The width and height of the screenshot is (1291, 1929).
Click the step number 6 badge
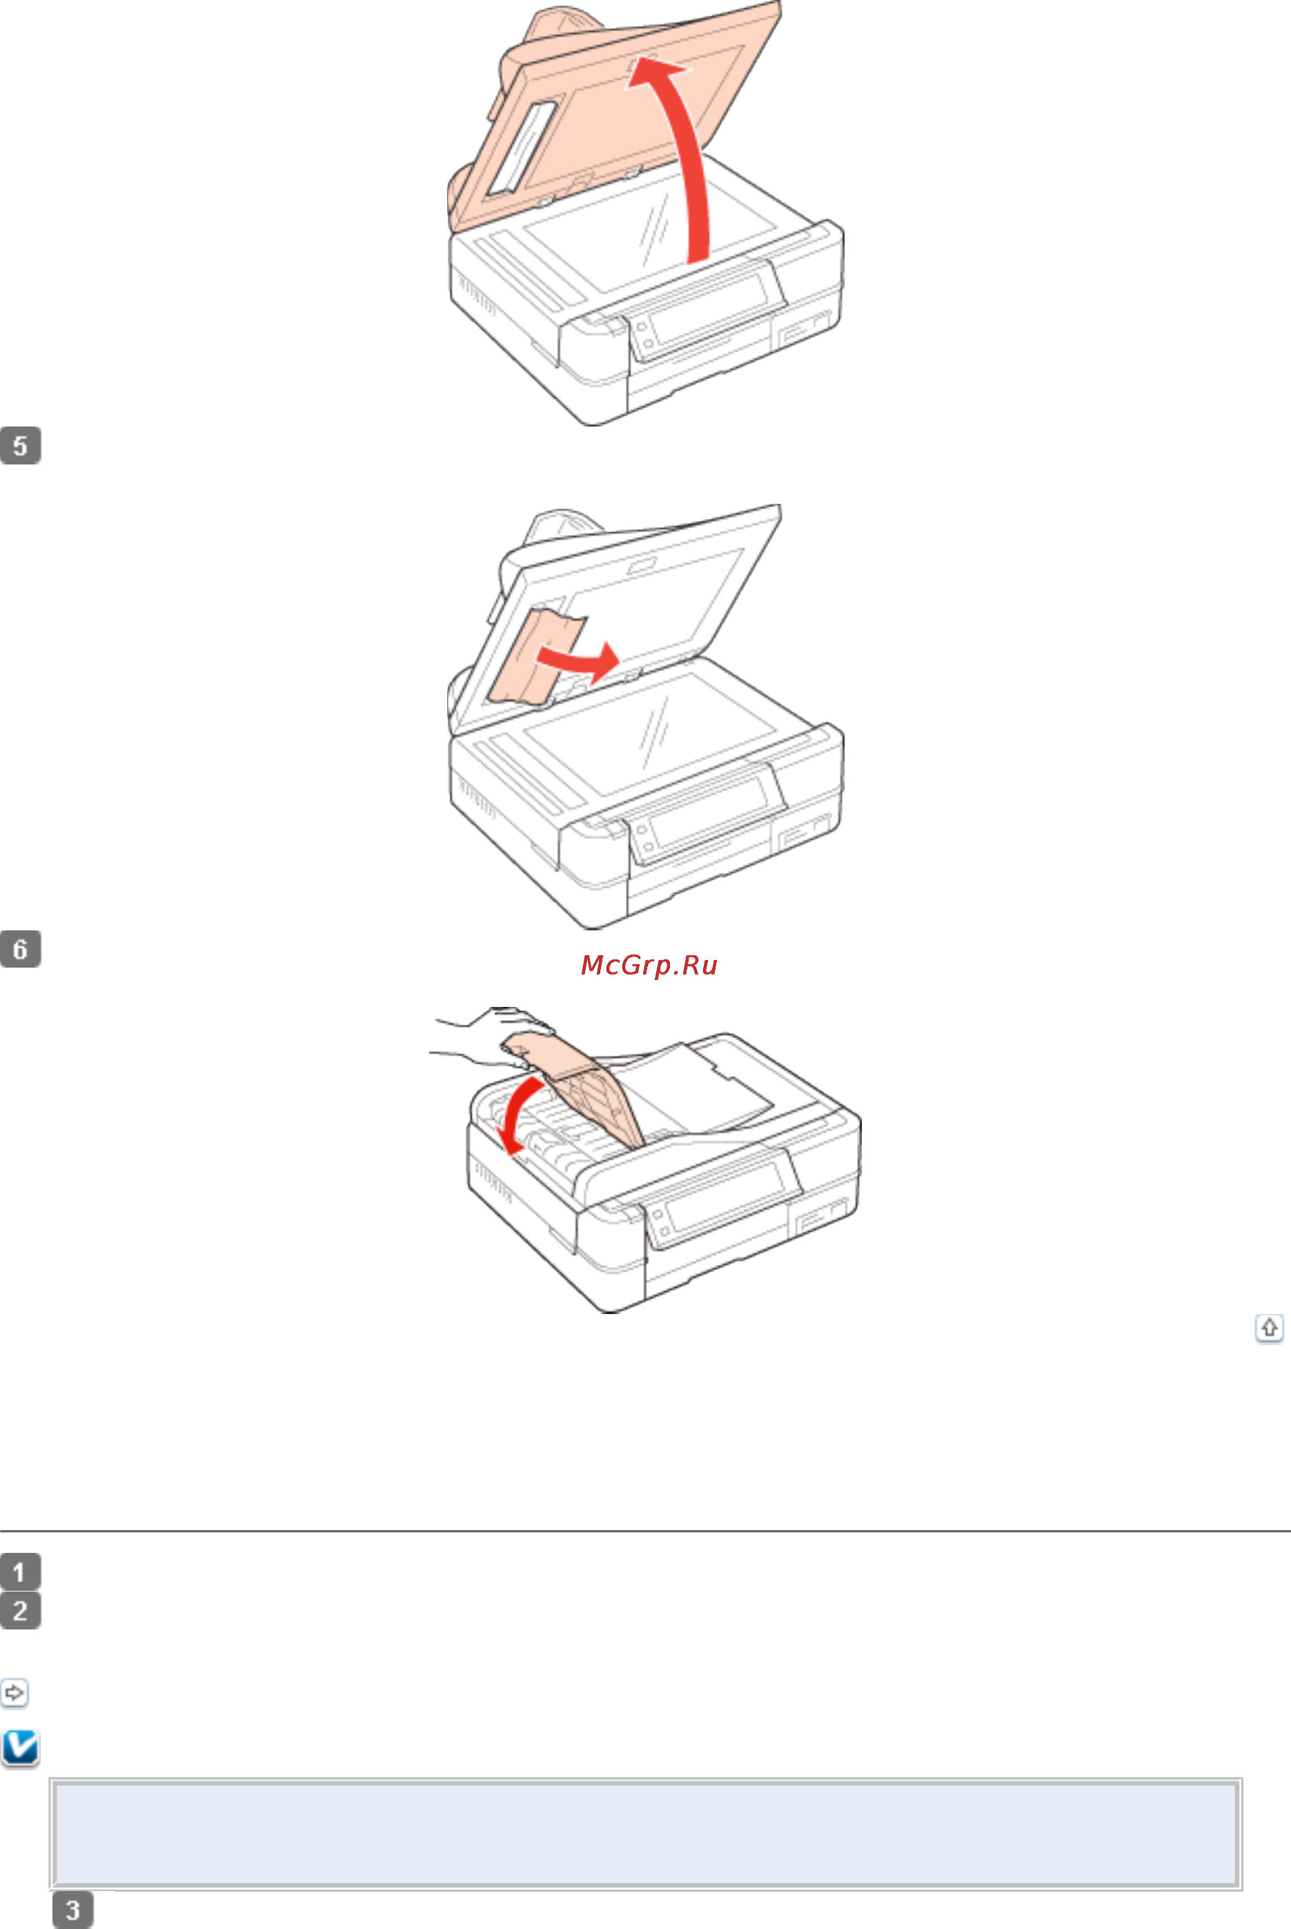[x=21, y=949]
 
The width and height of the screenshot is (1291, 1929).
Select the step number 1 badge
[x=21, y=1571]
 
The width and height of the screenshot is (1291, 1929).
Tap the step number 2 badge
[x=21, y=1610]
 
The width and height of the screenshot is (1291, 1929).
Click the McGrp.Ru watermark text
[x=649, y=965]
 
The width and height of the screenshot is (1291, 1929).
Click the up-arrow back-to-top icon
[x=1270, y=1328]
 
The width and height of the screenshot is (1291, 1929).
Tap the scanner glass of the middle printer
[x=651, y=733]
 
